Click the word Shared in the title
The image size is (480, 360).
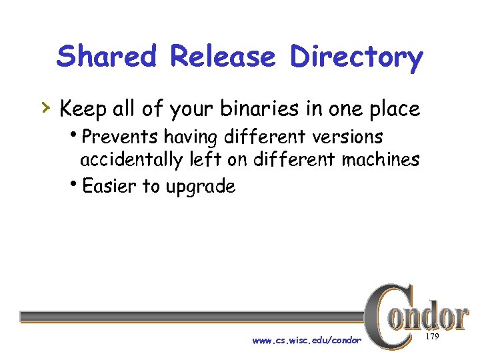107,57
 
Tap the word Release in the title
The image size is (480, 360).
223,57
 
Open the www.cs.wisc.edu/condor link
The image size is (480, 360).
307,341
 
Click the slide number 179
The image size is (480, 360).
432,337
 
